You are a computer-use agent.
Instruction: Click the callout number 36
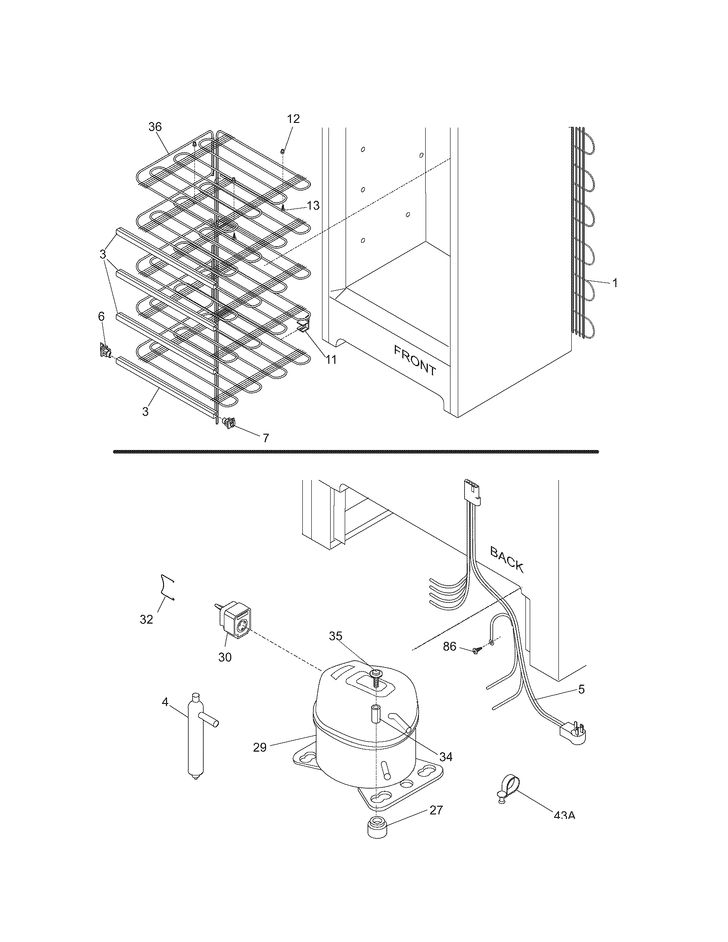click(x=155, y=127)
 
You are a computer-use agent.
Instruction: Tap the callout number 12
click(x=293, y=119)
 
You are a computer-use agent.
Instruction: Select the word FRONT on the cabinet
click(x=415, y=360)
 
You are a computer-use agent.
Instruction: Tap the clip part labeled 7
click(x=229, y=423)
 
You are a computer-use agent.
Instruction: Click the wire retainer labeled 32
click(x=167, y=587)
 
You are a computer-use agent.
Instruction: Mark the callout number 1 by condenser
click(x=615, y=283)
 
